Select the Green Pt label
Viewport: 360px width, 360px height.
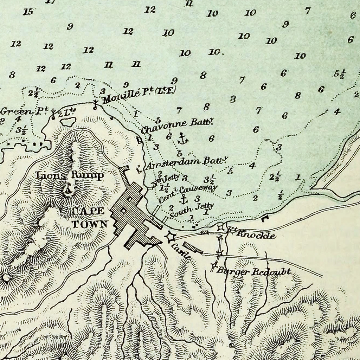(24, 111)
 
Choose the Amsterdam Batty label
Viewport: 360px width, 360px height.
(187, 163)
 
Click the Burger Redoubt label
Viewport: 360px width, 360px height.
(253, 271)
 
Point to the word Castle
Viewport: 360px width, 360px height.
(181, 251)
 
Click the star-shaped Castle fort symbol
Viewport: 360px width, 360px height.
(170, 237)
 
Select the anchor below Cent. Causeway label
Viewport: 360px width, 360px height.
(184, 200)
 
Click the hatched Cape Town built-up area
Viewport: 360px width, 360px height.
(134, 214)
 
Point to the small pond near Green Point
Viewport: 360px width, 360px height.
(68, 122)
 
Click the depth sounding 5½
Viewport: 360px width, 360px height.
(339, 74)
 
